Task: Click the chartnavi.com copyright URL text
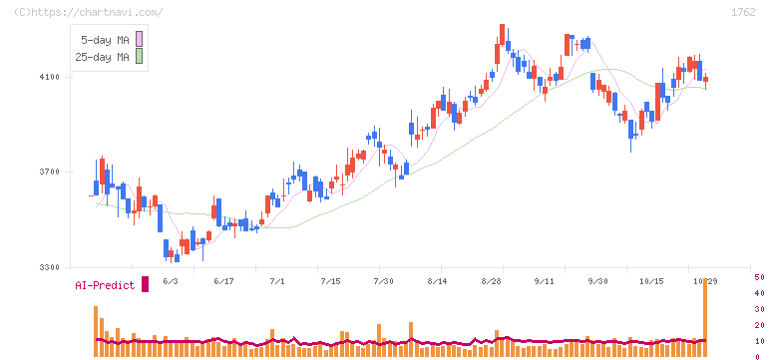(x=88, y=13)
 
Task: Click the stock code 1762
(x=743, y=13)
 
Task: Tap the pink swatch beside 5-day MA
(x=140, y=39)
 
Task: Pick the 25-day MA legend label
(x=102, y=57)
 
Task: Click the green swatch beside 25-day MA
(x=140, y=56)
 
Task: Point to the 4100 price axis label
(x=49, y=77)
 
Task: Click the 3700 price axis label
(x=49, y=173)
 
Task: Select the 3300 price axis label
(x=49, y=267)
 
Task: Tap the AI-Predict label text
(x=105, y=285)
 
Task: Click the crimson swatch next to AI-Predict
(x=145, y=284)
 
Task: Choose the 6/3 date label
(x=171, y=281)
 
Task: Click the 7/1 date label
(x=277, y=281)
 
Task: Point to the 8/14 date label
(x=439, y=281)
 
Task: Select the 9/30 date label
(x=597, y=281)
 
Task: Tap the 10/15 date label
(x=651, y=281)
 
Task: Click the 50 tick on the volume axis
(x=759, y=277)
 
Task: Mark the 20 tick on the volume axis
(x=759, y=325)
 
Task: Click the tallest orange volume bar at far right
(x=705, y=317)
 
